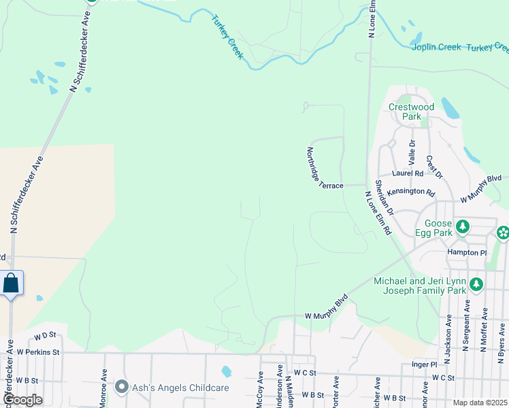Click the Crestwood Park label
pyautogui.click(x=411, y=112)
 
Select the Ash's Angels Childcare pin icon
pyautogui.click(x=122, y=387)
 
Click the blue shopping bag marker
pyautogui.click(x=11, y=283)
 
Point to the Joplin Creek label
pyautogui.click(x=436, y=47)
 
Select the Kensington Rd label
pyautogui.click(x=411, y=193)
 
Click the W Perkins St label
pyautogui.click(x=39, y=352)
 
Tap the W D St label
pyautogui.click(x=44, y=335)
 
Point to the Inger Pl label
pyautogui.click(x=424, y=364)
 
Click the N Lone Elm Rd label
pyautogui.click(x=378, y=212)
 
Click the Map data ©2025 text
pyautogui.click(x=480, y=403)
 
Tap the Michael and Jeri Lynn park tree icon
pyautogui.click(x=476, y=284)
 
